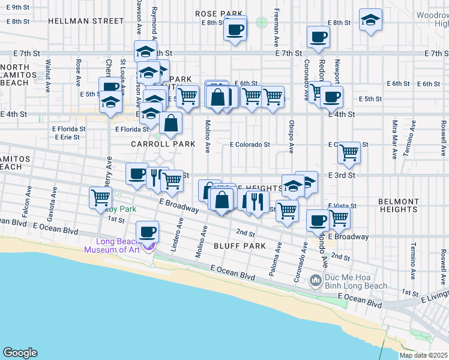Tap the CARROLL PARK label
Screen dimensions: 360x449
[163, 144]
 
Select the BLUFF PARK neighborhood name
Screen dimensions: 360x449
[240, 246]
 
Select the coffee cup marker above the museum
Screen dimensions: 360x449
[148, 231]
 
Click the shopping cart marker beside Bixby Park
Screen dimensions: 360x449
[100, 197]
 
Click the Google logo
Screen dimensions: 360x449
[20, 353]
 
